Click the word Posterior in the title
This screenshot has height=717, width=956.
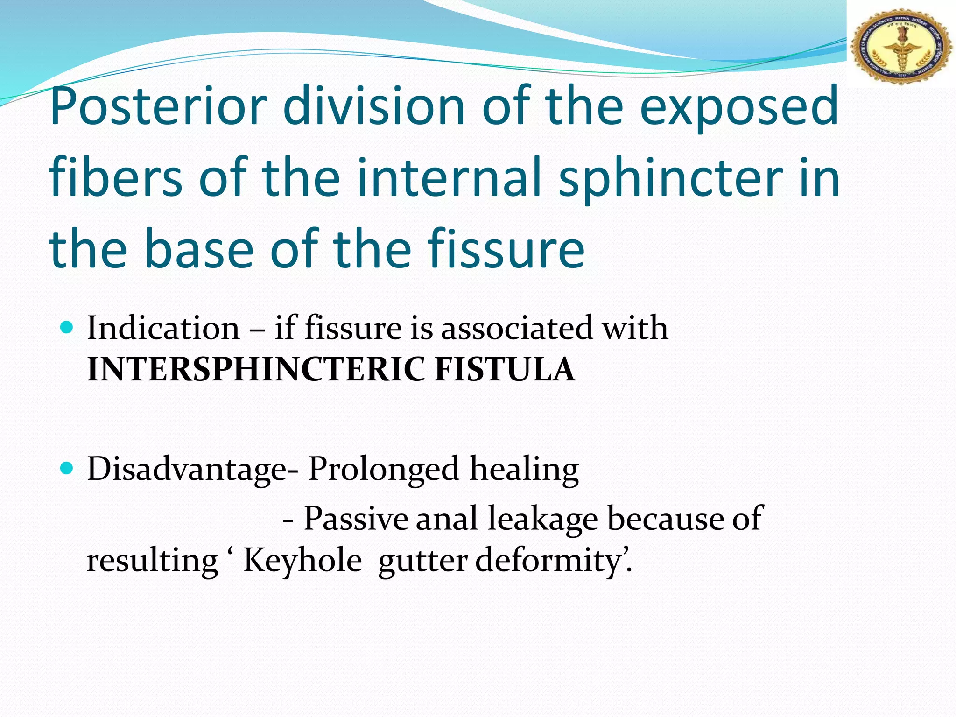click(x=158, y=106)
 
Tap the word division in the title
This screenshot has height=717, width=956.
click(x=373, y=106)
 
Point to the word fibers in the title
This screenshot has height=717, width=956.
click(x=115, y=177)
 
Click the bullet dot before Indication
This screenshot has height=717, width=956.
click(x=67, y=327)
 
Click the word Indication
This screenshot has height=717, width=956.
click(x=163, y=328)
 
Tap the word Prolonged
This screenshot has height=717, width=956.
click(x=383, y=470)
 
